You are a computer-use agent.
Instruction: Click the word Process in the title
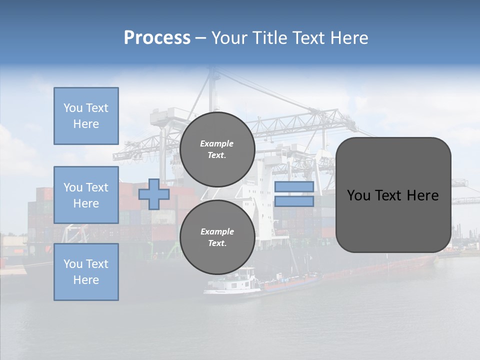click(x=157, y=38)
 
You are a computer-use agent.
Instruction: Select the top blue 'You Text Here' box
click(x=86, y=116)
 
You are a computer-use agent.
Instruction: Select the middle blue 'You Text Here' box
click(x=86, y=195)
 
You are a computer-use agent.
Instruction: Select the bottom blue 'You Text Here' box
click(x=86, y=272)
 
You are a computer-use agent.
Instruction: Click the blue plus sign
click(x=154, y=194)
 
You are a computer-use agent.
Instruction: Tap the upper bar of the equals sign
click(x=294, y=187)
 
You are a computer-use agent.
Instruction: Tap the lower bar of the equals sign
click(x=294, y=201)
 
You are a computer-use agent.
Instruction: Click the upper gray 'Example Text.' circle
click(x=217, y=149)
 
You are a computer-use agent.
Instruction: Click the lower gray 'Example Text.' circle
click(x=217, y=237)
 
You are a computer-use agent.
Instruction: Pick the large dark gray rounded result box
click(x=393, y=194)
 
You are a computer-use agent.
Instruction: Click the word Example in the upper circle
click(x=217, y=144)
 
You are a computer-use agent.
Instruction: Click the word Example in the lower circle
click(x=217, y=232)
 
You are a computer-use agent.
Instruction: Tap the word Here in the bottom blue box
click(x=86, y=280)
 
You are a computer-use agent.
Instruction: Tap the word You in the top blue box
click(x=72, y=108)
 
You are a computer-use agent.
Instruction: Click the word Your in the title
click(x=230, y=38)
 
